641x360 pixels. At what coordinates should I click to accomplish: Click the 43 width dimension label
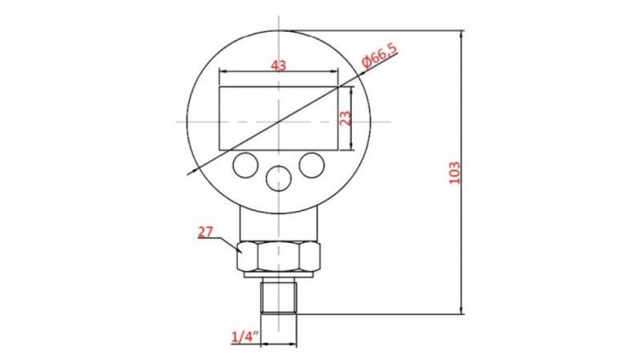coord(278,65)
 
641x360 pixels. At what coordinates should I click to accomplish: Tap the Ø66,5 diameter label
coord(379,55)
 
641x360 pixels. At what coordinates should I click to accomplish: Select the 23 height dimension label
coord(346,118)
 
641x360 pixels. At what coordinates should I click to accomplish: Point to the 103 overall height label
coord(454,172)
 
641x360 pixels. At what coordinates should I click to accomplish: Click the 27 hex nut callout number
coord(206,232)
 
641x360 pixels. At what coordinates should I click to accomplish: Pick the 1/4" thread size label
coord(245,337)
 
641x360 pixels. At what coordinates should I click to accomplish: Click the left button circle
coord(245,165)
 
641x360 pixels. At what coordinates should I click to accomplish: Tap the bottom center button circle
coord(278,178)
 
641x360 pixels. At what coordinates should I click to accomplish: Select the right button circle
coord(312,165)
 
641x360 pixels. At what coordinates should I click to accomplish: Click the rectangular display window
coord(279,118)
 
